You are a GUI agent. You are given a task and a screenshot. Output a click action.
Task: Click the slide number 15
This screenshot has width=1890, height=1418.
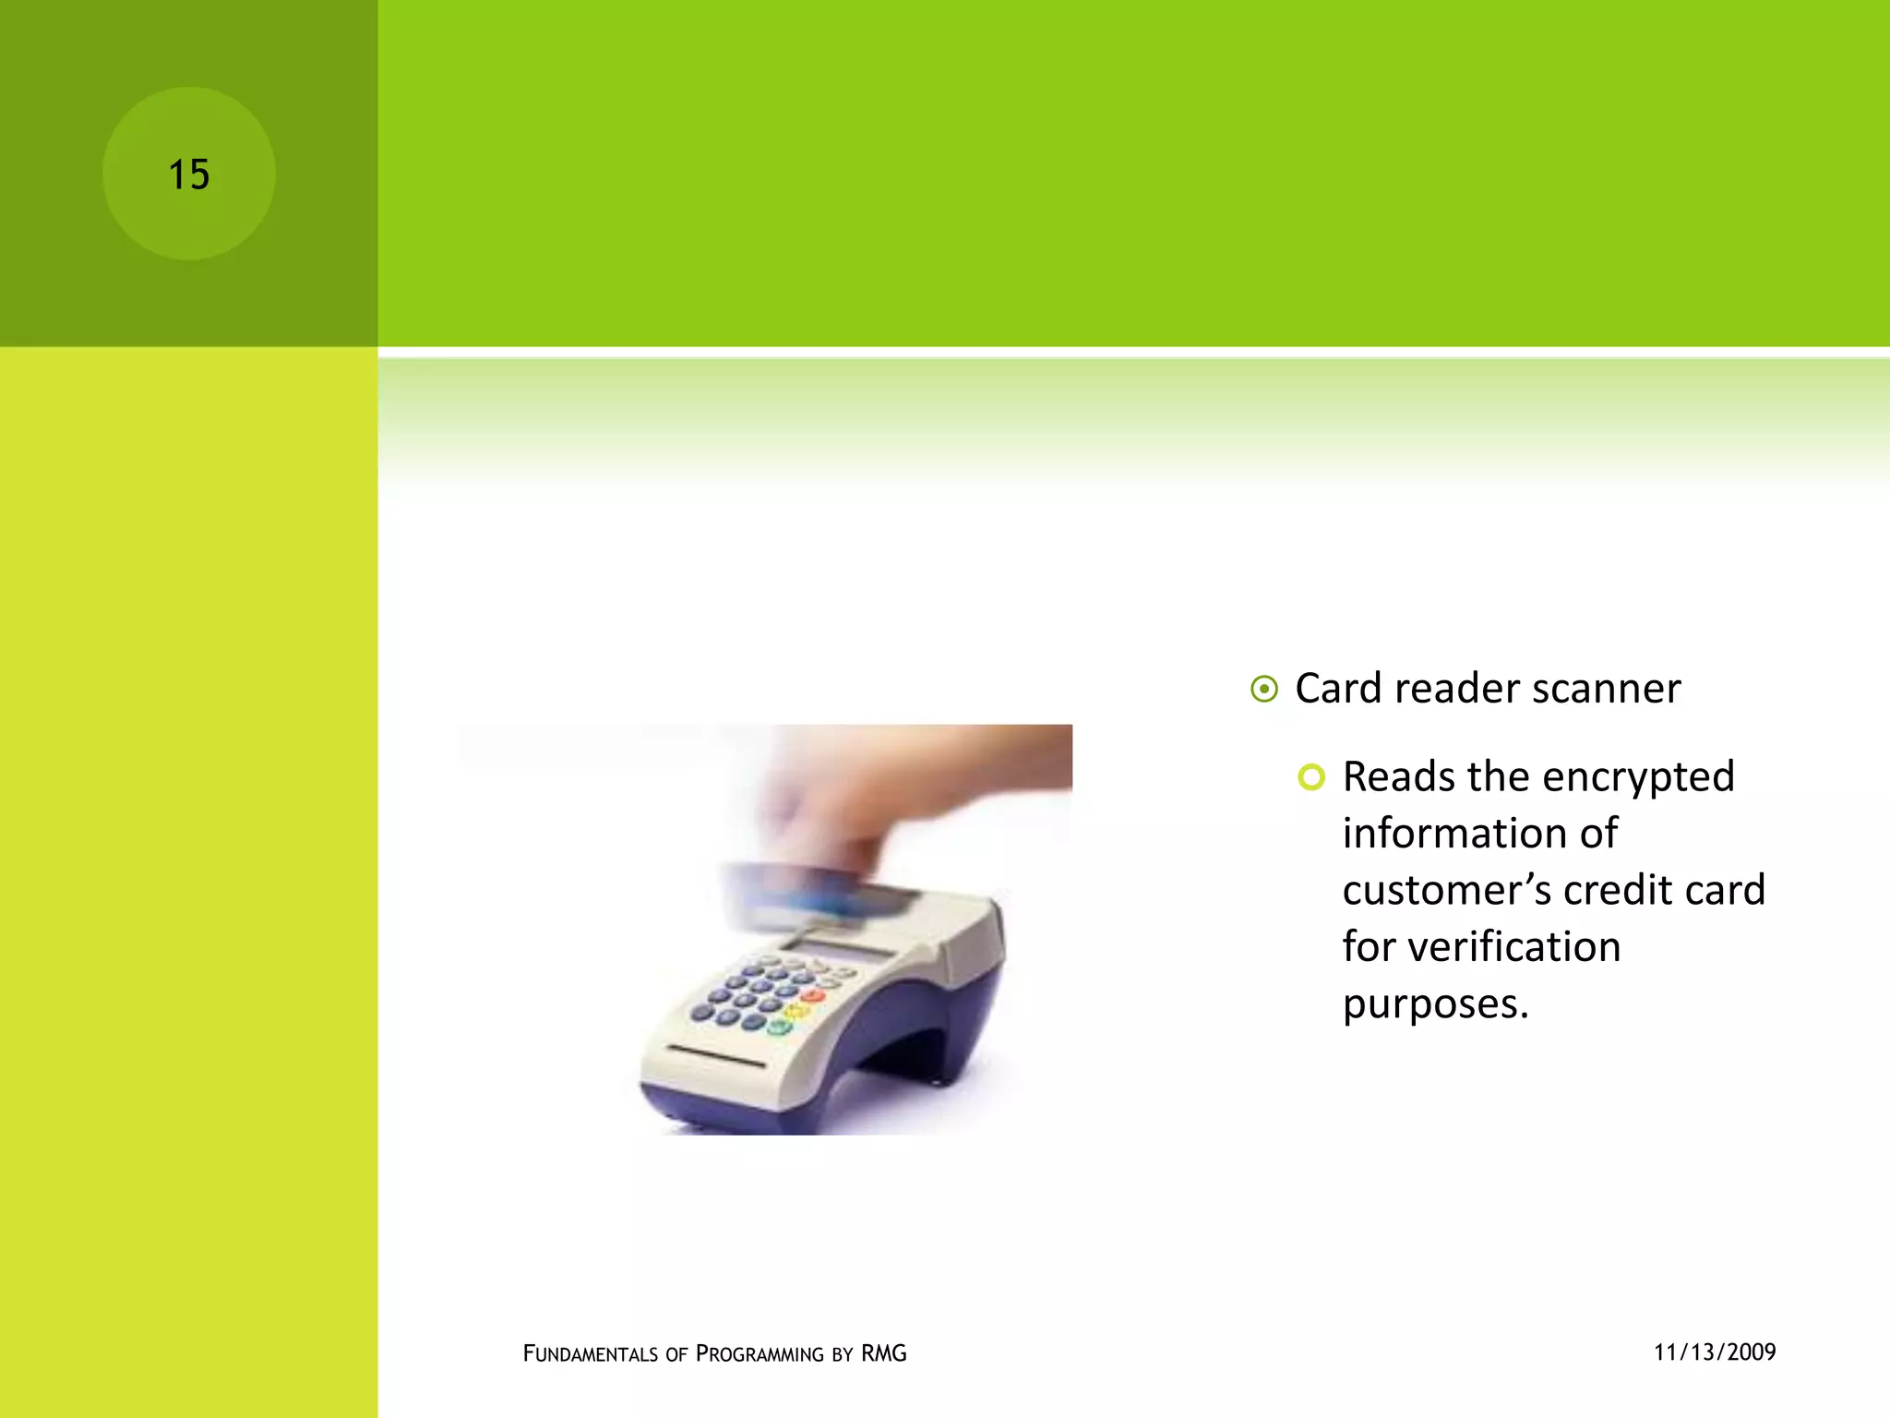pyautogui.click(x=188, y=174)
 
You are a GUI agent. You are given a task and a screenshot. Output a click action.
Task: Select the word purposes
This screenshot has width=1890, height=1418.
pyautogui.click(x=1434, y=1004)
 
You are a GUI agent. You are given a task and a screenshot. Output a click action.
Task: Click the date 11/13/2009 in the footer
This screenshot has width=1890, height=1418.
pyautogui.click(x=1714, y=1352)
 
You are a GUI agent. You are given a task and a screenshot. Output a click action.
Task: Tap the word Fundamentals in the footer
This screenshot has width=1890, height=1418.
pyautogui.click(x=591, y=1354)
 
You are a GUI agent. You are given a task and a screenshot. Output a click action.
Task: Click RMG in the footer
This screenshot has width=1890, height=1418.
pyautogui.click(x=883, y=1354)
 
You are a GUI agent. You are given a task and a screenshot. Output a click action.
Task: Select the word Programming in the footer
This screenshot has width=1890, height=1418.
pyautogui.click(x=760, y=1354)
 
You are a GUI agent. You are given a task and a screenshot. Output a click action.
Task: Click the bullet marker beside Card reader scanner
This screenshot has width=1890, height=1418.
pyautogui.click(x=1264, y=690)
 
